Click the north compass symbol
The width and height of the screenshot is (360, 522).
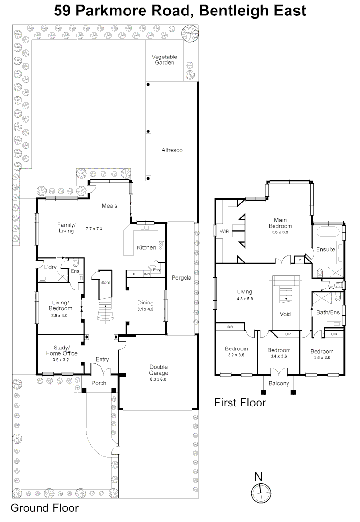(259, 493)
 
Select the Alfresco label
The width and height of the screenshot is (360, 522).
(172, 151)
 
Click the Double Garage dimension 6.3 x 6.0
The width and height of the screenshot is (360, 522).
(158, 380)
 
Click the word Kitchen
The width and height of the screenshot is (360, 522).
(146, 247)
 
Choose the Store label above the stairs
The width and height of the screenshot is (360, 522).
(105, 283)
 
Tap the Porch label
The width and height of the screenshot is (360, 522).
(99, 383)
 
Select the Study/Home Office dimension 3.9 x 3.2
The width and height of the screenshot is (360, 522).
(60, 360)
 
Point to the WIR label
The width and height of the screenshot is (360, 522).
(225, 232)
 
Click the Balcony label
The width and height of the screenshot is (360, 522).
(279, 383)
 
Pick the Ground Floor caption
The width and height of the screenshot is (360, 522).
(44, 508)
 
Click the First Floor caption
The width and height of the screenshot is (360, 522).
(240, 402)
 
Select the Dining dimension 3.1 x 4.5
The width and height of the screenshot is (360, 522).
(145, 309)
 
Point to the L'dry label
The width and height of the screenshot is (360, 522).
(51, 267)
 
